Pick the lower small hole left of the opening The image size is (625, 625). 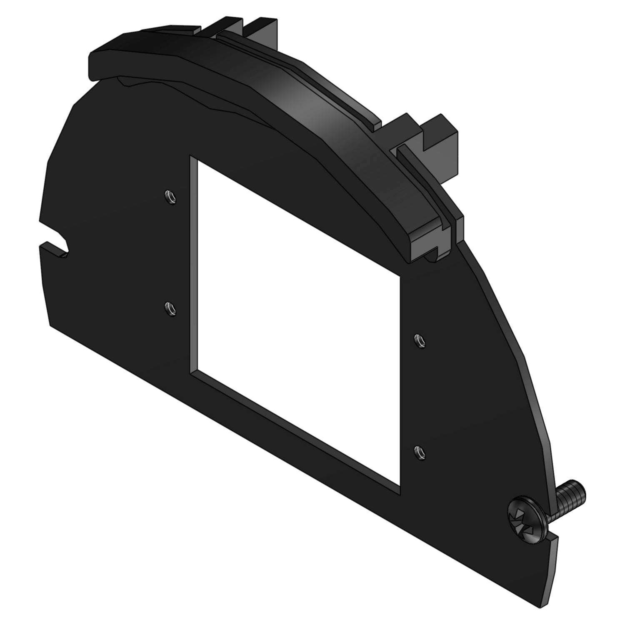[x=170, y=309]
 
